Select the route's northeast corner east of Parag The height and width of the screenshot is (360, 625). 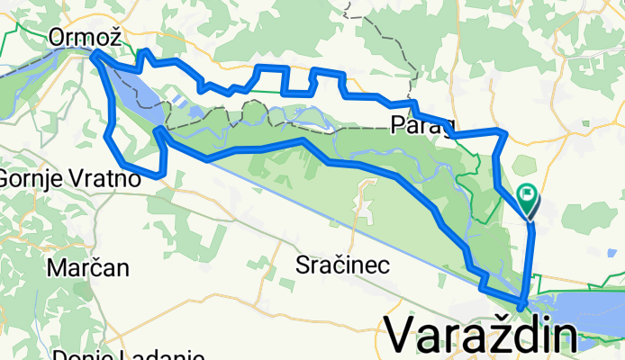pyautogui.click(x=503, y=133)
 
